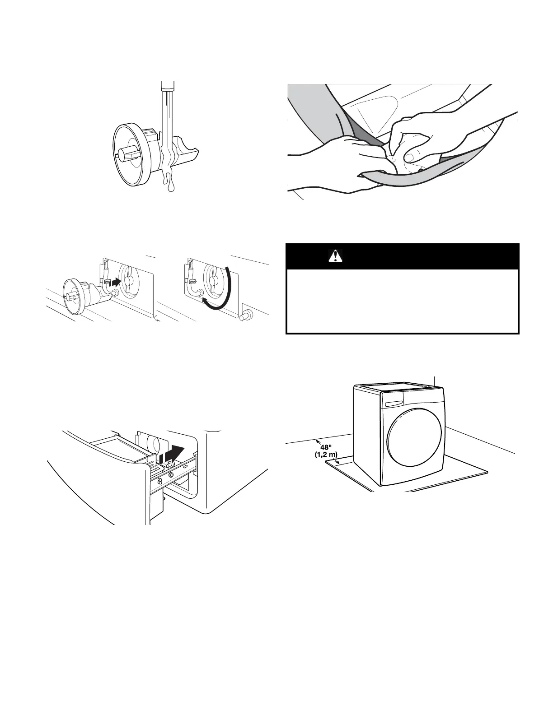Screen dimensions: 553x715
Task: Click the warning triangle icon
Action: pyautogui.click(x=335, y=256)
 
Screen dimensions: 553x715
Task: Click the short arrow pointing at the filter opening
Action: pyautogui.click(x=115, y=283)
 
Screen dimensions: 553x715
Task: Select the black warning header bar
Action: pyautogui.click(x=403, y=256)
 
